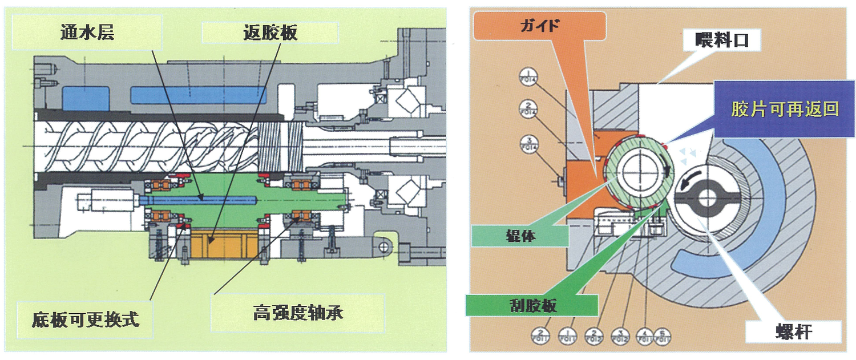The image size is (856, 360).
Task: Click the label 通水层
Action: point(87,33)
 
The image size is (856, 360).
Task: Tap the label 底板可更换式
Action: point(86,318)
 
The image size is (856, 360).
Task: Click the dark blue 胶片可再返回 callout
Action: point(784,109)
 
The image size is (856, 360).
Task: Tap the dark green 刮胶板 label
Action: point(533,305)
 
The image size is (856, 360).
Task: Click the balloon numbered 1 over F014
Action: point(527,76)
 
